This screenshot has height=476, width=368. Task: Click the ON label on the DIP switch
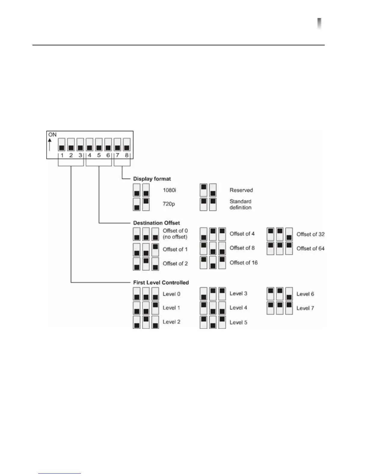[52, 135]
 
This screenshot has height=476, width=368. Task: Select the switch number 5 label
[99, 155]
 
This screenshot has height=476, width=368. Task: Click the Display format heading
[152, 179]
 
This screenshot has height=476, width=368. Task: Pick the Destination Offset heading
[156, 223]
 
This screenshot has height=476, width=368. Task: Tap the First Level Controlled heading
[161, 282]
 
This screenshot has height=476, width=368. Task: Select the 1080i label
[169, 190]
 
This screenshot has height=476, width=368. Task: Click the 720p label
[169, 204]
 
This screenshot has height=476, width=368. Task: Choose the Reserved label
[241, 190]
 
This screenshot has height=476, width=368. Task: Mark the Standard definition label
[240, 204]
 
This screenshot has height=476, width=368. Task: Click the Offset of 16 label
[244, 263]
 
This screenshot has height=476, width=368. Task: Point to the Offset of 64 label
[310, 249]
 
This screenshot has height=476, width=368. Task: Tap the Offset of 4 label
[242, 234]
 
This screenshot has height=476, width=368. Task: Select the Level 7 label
[305, 308]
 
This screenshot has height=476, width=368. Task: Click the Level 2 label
[171, 322]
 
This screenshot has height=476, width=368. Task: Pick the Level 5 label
[238, 322]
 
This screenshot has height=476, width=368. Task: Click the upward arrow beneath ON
[50, 144]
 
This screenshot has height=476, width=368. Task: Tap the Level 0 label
[171, 294]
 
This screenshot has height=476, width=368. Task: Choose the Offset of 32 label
[310, 234]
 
